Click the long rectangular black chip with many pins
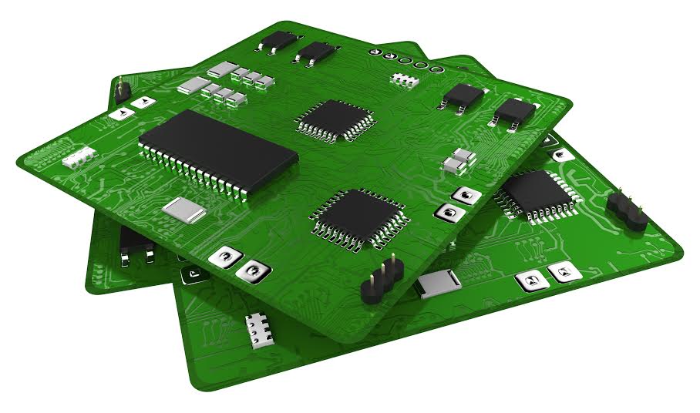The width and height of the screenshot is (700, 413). click(217, 149)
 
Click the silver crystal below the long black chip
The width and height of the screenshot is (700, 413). click(184, 210)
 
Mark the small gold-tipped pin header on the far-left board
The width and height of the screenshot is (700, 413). click(121, 91)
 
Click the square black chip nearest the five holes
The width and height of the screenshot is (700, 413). click(335, 119)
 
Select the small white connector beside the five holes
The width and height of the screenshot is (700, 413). click(402, 78)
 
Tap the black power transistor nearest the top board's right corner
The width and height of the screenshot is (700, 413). click(513, 112)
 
